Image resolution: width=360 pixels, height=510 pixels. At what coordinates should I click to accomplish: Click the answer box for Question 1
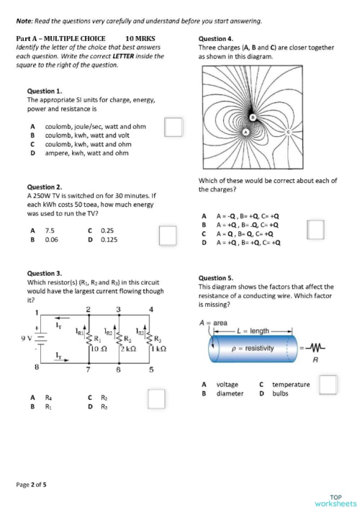[x=173, y=127]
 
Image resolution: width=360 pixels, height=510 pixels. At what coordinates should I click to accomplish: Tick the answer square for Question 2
[x=167, y=236]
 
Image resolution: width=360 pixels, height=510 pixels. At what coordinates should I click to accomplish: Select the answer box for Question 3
[x=156, y=398]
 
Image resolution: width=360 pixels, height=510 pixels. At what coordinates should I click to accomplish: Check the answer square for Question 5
[x=328, y=385]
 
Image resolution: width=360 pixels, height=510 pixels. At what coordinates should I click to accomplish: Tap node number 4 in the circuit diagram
[x=151, y=310]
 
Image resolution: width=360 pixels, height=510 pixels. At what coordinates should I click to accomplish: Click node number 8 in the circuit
[x=36, y=368]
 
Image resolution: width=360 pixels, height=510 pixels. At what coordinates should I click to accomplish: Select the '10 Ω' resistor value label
[x=98, y=349]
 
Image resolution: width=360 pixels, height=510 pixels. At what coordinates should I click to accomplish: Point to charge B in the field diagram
[x=252, y=116]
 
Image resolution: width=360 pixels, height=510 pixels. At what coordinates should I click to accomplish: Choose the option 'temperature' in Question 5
[x=291, y=385]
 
